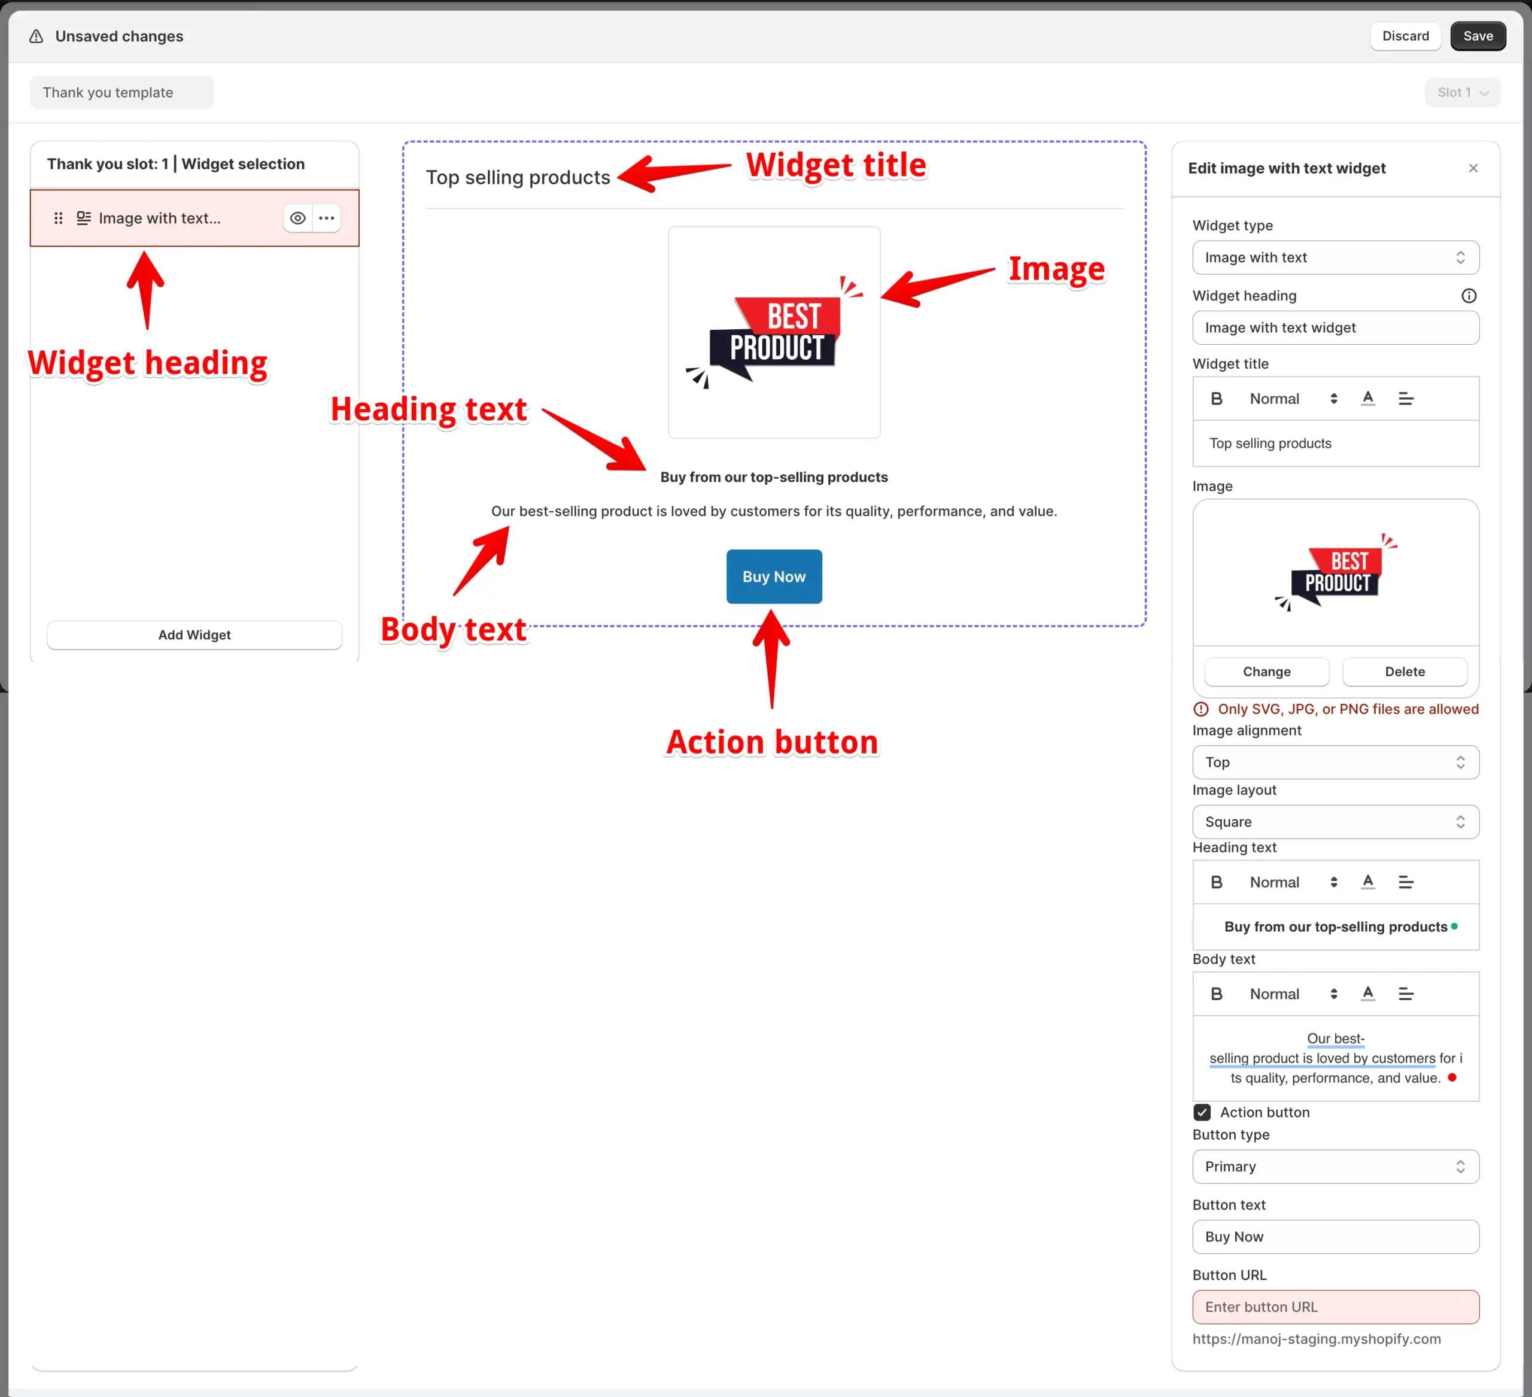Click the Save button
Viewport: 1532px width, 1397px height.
pyautogui.click(x=1478, y=36)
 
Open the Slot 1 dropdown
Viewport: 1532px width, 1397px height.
pyautogui.click(x=1462, y=92)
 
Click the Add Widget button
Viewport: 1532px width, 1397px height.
pyautogui.click(x=194, y=634)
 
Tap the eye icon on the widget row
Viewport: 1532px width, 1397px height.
pyautogui.click(x=298, y=218)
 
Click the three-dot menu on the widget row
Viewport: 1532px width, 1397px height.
pyautogui.click(x=327, y=218)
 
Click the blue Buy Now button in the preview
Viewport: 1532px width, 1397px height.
pyautogui.click(x=774, y=576)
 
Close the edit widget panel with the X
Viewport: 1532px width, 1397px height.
pyautogui.click(x=1473, y=168)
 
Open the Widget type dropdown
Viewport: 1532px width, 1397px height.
pyautogui.click(x=1335, y=257)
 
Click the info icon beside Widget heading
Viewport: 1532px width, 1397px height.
pyautogui.click(x=1468, y=296)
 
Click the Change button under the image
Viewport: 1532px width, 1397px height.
pyautogui.click(x=1266, y=671)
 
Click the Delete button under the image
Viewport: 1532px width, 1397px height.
pyautogui.click(x=1405, y=671)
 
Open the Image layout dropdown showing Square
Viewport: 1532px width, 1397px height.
pyautogui.click(x=1335, y=822)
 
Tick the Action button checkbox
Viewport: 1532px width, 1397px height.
pyautogui.click(x=1202, y=1112)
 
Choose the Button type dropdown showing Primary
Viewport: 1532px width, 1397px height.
pyautogui.click(x=1335, y=1167)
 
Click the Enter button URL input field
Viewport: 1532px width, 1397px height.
pyautogui.click(x=1335, y=1307)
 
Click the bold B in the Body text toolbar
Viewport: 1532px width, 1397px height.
pyautogui.click(x=1216, y=994)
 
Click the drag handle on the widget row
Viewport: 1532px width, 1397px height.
pyautogui.click(x=59, y=218)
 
